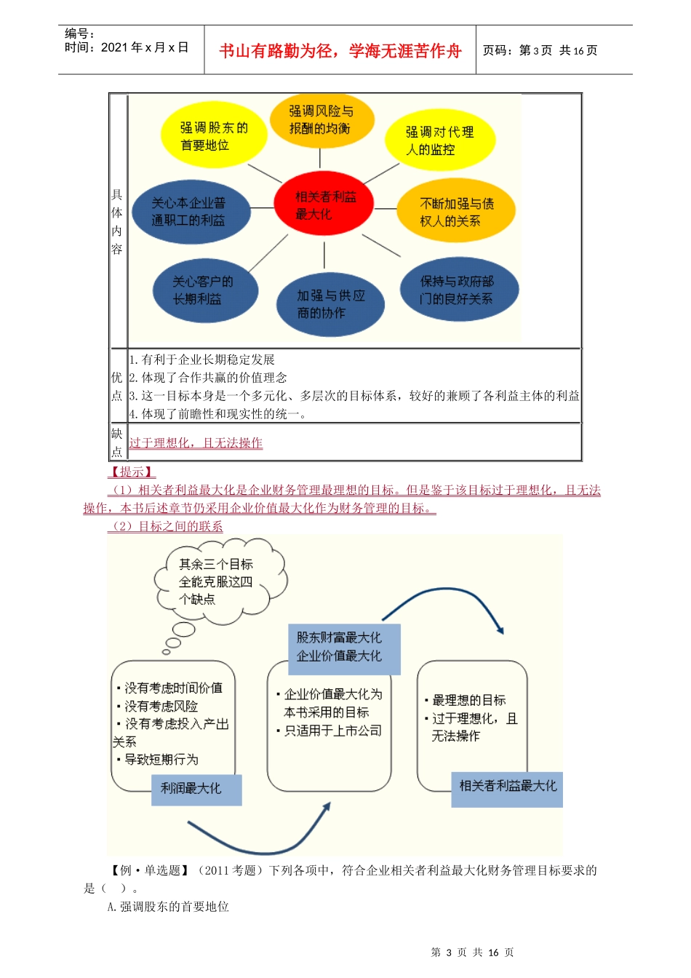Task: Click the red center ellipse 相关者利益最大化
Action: pyautogui.click(x=324, y=204)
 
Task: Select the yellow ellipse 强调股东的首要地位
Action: pyautogui.click(x=214, y=135)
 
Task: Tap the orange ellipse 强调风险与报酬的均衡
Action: pyautogui.click(x=321, y=119)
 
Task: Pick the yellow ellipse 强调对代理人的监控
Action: pyautogui.click(x=439, y=140)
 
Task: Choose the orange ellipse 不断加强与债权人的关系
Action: pyautogui.click(x=456, y=211)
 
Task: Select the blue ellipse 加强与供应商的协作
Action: pyautogui.click(x=330, y=303)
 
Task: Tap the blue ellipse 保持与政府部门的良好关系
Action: pyautogui.click(x=458, y=290)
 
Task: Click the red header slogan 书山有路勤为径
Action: pyautogui.click(x=340, y=50)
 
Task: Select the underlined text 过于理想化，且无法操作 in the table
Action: pyautogui.click(x=196, y=442)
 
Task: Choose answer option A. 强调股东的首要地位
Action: pyautogui.click(x=168, y=907)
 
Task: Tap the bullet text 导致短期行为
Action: pyautogui.click(x=161, y=760)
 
